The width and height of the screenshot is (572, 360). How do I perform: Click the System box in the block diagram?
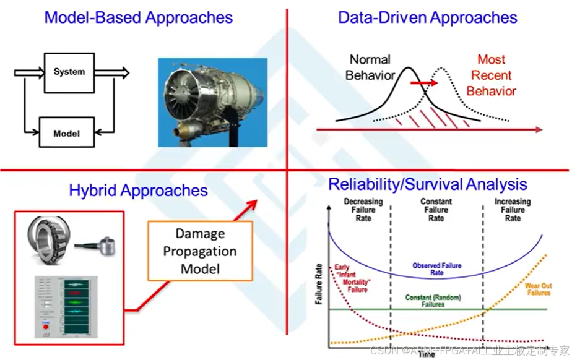pyautogui.click(x=69, y=72)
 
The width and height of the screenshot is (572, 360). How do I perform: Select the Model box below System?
pyautogui.click(x=66, y=132)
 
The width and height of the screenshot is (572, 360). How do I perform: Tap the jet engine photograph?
pyautogui.click(x=212, y=102)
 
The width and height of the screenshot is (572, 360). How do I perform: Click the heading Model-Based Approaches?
pyautogui.click(x=138, y=17)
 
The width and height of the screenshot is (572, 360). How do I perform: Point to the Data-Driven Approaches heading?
pyautogui.click(x=427, y=17)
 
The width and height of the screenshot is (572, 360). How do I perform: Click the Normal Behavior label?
pyautogui.click(x=370, y=67)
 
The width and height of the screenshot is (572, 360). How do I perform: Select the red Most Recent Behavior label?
pyautogui.click(x=491, y=75)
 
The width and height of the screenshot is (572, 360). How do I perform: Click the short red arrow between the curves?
pyautogui.click(x=424, y=82)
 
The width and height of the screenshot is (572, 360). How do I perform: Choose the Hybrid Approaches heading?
pyautogui.click(x=138, y=190)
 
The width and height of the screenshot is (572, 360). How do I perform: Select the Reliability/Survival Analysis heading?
pyautogui.click(x=427, y=184)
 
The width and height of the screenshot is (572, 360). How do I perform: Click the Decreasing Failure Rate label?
pyautogui.click(x=363, y=210)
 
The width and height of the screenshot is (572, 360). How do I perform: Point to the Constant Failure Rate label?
pyautogui.click(x=436, y=210)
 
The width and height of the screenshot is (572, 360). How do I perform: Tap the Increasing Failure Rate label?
pyautogui.click(x=512, y=210)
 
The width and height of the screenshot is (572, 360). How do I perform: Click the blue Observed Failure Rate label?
pyautogui.click(x=436, y=269)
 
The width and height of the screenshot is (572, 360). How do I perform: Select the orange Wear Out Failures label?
pyautogui.click(x=538, y=289)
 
